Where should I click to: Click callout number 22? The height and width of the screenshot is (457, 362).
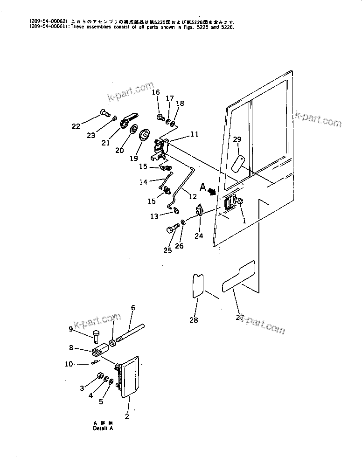pyautogui.click(x=76, y=126)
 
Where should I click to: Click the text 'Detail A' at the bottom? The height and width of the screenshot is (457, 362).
pyautogui.click(x=103, y=428)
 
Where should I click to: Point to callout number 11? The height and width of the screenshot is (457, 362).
pyautogui.click(x=194, y=134)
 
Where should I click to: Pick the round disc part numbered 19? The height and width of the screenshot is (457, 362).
pyautogui.click(x=145, y=136)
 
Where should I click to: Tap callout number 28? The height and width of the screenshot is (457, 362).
pyautogui.click(x=194, y=320)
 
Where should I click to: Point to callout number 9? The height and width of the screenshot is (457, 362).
pyautogui.click(x=71, y=329)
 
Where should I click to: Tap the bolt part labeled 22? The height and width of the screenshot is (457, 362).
pyautogui.click(x=104, y=112)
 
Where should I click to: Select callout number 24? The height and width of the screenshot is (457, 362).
pyautogui.click(x=199, y=236)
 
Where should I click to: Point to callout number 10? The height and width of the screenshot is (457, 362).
pyautogui.click(x=69, y=364)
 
